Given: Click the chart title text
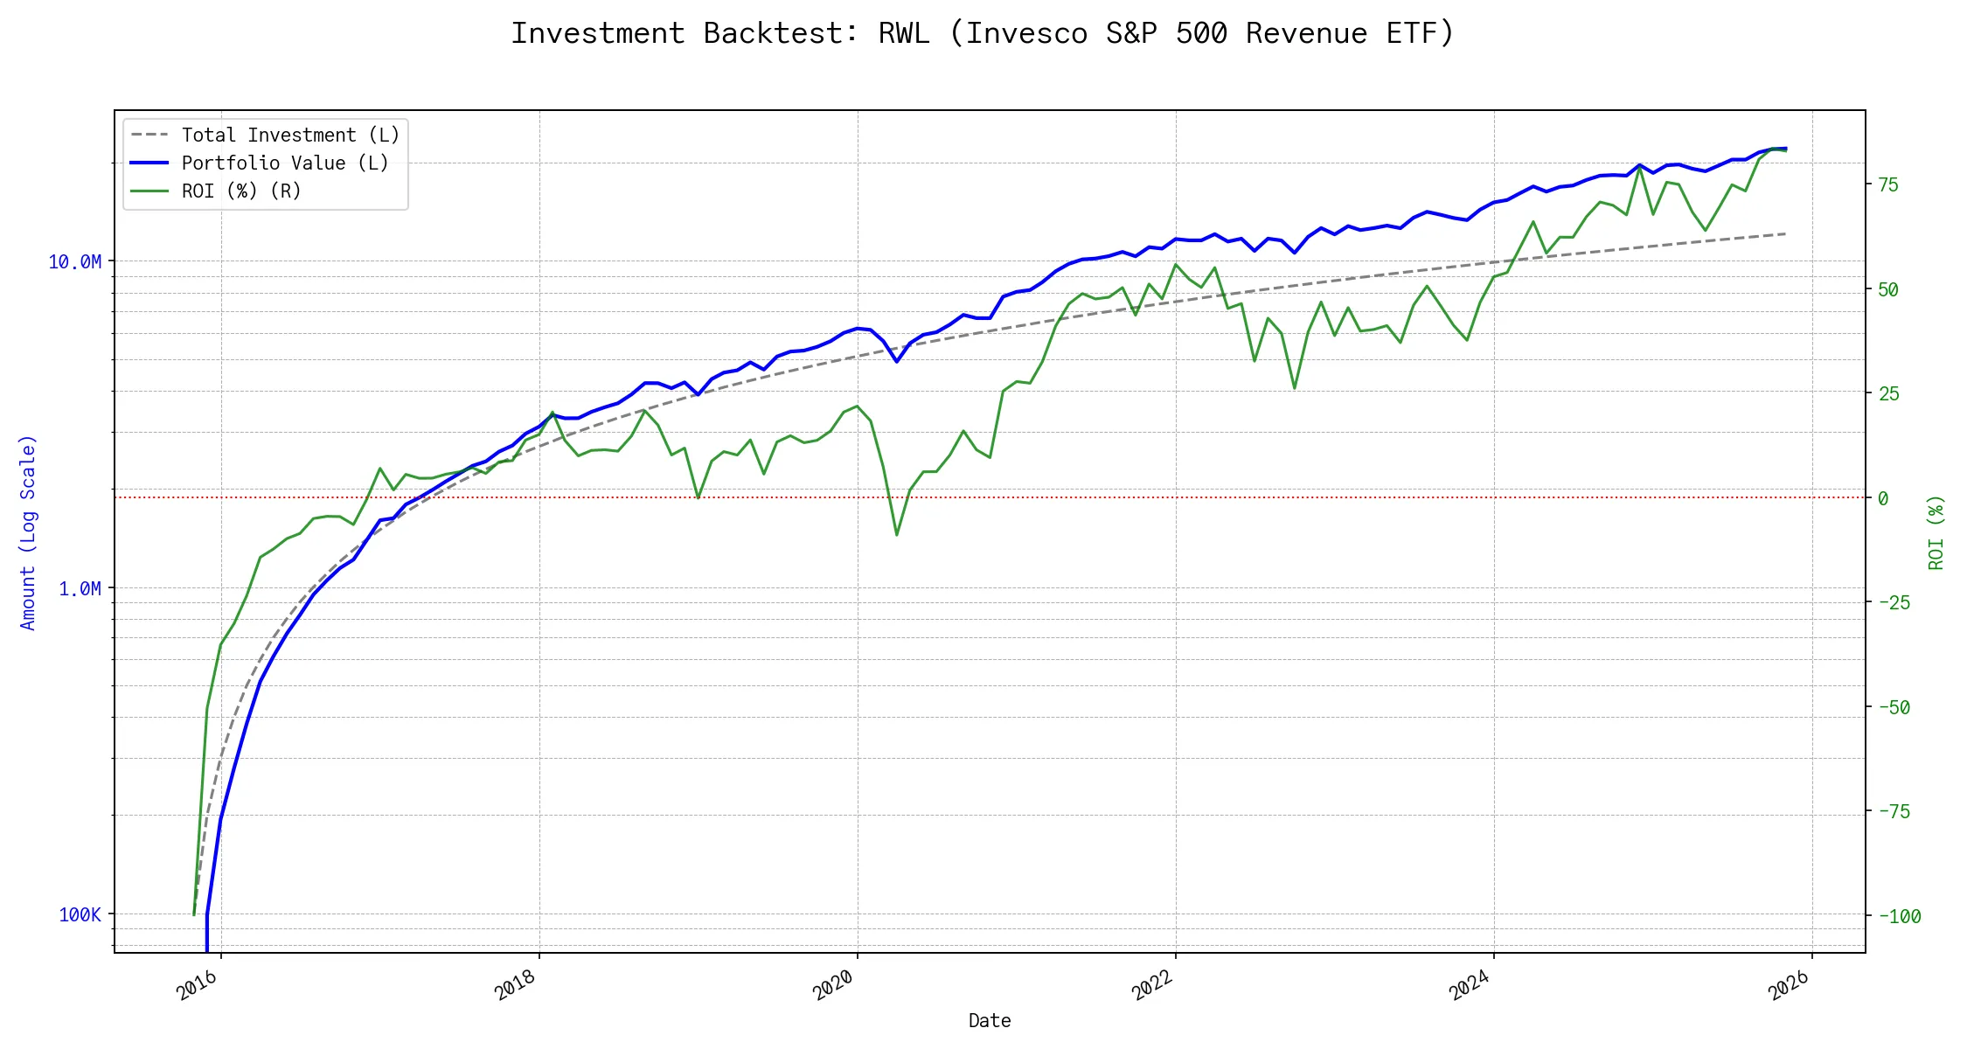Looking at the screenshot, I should click(983, 33).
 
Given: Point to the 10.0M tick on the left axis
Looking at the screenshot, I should click(75, 262).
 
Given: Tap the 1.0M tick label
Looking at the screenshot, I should click(80, 589).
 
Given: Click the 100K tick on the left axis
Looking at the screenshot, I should click(80, 915).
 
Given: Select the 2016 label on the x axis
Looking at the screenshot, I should click(198, 987).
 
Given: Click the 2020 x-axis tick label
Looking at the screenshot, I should click(833, 987).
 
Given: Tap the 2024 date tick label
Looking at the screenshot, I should click(1470, 987).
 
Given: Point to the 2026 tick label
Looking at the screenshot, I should click(1789, 987).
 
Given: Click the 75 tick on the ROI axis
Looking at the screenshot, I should click(1888, 185).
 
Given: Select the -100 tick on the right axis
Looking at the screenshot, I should click(1900, 917).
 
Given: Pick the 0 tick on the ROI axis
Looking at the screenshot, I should click(1883, 499).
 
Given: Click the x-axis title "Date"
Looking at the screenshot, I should click(990, 1021).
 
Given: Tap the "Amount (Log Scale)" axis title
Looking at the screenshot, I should click(29, 532).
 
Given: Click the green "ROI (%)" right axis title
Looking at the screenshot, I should click(1936, 532).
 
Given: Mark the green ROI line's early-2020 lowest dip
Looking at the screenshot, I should click(897, 535).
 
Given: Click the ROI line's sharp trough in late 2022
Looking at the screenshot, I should click(1295, 388).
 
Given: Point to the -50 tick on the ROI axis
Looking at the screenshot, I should click(1894, 708).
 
